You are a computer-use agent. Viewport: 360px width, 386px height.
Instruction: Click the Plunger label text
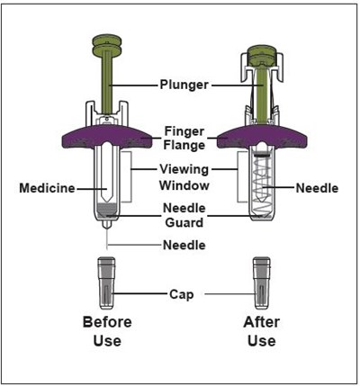tap(184, 85)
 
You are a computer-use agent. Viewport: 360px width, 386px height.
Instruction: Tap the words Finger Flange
tap(184, 137)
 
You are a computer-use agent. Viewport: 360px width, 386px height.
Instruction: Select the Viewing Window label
tap(184, 177)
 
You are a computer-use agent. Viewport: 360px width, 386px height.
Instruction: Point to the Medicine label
tap(48, 189)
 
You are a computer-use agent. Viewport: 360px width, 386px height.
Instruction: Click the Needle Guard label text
tap(184, 216)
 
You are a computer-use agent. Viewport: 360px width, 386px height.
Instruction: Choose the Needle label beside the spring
tap(316, 189)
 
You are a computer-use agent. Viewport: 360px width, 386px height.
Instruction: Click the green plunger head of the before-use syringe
tap(107, 44)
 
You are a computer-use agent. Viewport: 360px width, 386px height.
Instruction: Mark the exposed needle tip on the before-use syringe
tap(107, 240)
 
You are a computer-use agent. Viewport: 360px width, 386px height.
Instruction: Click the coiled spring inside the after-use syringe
tap(262, 189)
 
